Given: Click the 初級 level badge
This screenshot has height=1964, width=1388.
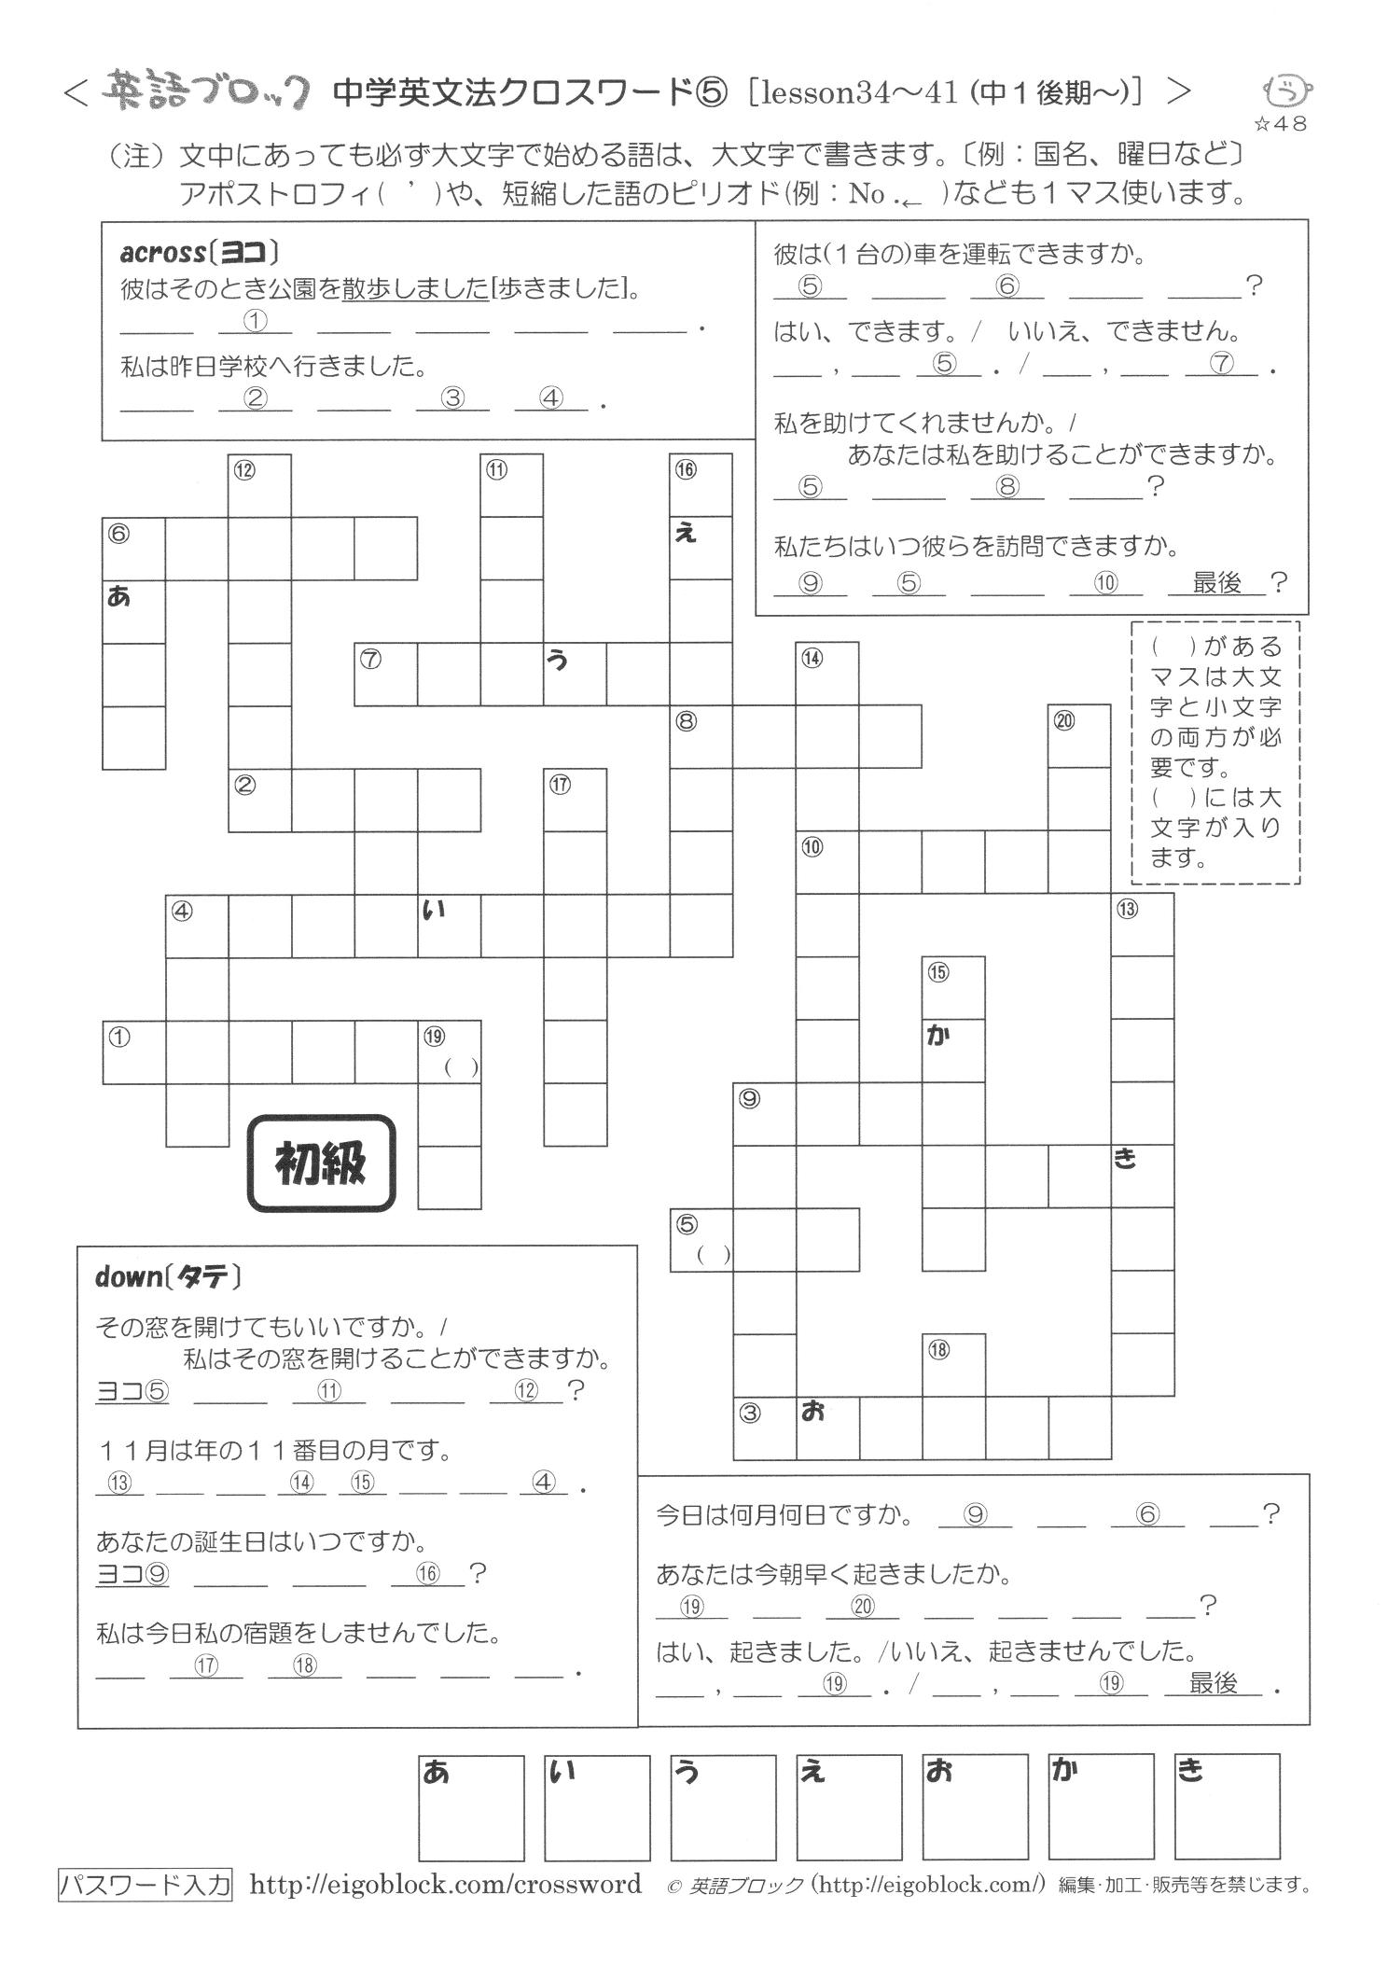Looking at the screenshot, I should pos(320,1163).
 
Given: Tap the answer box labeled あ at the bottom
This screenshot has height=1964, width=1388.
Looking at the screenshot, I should pos(470,1807).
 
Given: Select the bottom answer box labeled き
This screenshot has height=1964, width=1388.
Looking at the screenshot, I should pos(1227,1807).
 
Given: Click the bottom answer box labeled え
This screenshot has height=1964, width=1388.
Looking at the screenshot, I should pos(849,1807).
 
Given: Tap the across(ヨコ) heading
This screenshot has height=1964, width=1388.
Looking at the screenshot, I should pos(201,253).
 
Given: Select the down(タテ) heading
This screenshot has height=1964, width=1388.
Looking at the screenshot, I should pos(168,1276).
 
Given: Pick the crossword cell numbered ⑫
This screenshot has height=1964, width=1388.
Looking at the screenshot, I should pos(259,486).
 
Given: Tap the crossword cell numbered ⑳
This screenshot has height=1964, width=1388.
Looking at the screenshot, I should pos(1079,736).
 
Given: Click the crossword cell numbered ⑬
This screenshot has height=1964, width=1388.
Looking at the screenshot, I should pos(1142,925).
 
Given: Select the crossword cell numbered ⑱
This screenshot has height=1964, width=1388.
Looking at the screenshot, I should pos(953,1365).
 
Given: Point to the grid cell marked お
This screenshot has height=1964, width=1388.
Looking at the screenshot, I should pos(827,1428).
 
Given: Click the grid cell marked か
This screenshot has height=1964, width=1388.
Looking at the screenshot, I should pos(953,1051).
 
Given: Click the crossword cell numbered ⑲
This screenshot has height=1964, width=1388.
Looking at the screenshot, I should pos(449,1052).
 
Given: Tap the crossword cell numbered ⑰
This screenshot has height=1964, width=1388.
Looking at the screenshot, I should pos(575,800).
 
